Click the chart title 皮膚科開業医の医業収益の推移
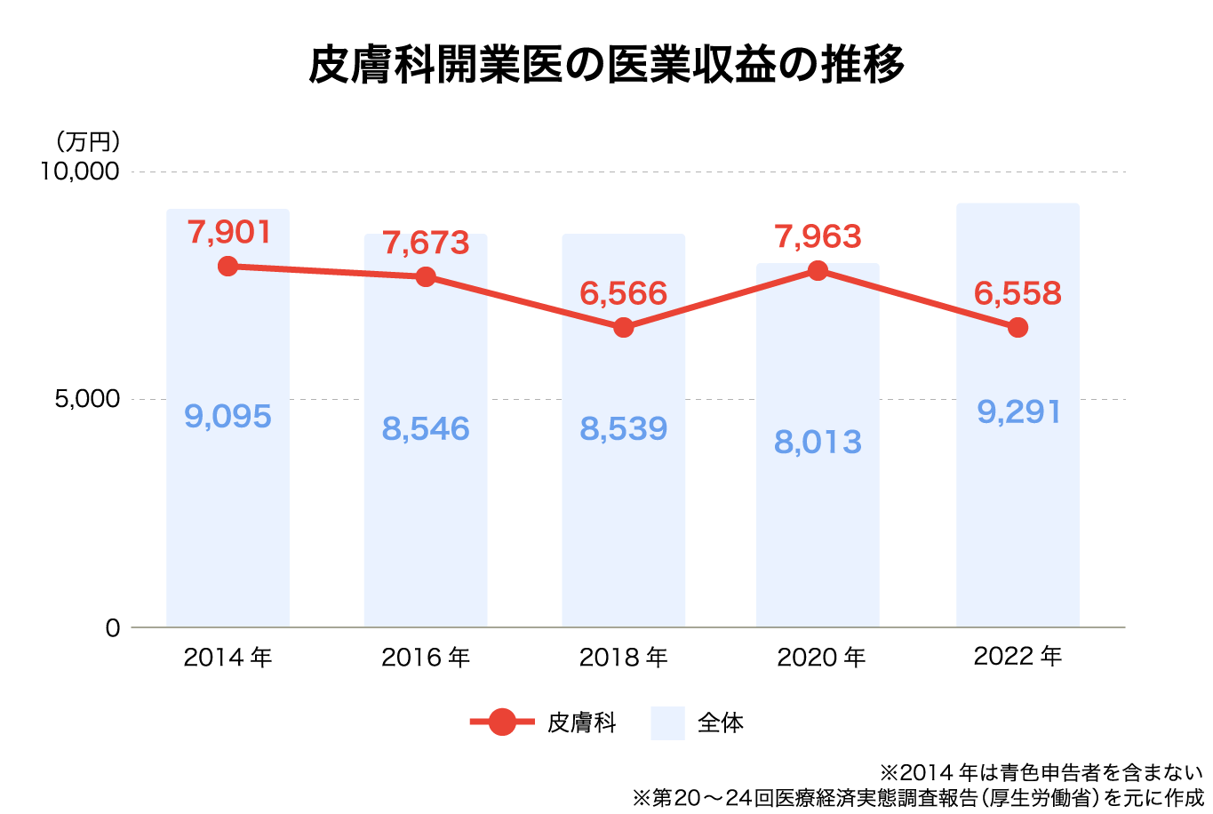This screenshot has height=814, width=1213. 606,65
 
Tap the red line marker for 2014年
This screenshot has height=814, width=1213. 228,266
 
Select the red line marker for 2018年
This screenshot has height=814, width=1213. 624,327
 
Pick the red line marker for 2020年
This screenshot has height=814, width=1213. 818,270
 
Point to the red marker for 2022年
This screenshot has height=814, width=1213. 1017,327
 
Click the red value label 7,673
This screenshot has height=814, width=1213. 426,242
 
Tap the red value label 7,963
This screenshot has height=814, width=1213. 818,236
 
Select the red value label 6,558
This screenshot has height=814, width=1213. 1017,292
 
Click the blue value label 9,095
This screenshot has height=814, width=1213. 228,416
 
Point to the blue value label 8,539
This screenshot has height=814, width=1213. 624,428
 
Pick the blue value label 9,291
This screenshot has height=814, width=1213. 1018,411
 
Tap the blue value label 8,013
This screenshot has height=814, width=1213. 818,442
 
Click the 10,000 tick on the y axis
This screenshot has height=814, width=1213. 80,171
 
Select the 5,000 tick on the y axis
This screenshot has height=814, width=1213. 87,399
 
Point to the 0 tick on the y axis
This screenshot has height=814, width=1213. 112,628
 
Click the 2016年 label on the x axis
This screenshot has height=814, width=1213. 426,658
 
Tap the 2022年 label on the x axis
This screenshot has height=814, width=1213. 1017,657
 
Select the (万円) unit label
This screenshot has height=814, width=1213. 87,141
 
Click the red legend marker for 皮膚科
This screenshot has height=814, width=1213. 502,722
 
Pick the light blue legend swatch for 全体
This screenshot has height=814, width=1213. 667,722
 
